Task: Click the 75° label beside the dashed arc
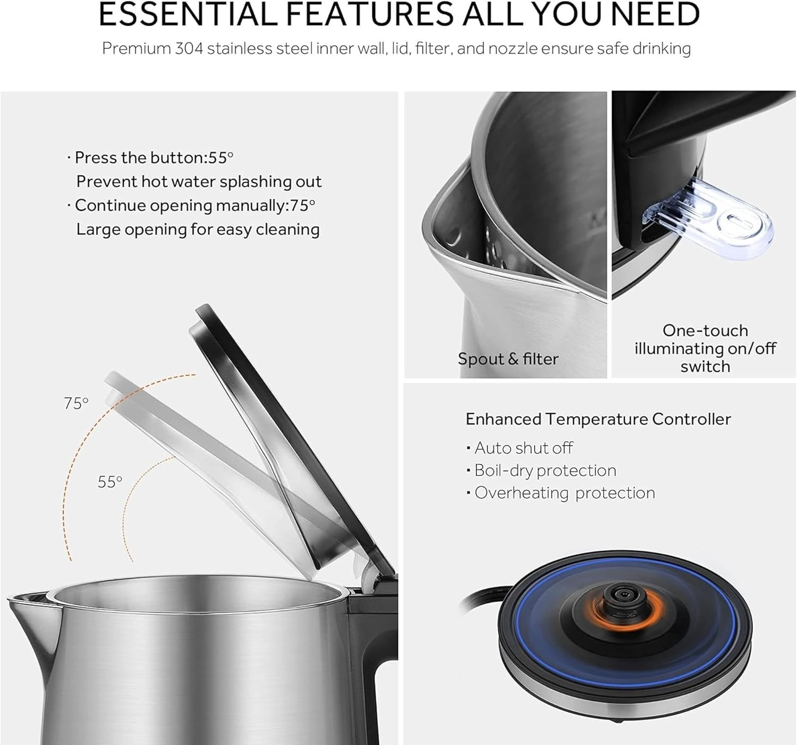(x=76, y=403)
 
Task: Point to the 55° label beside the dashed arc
(x=109, y=481)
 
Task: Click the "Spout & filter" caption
(x=508, y=359)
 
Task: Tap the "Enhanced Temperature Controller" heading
(x=598, y=419)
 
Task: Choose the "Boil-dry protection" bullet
(x=541, y=470)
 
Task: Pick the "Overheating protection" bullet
(x=561, y=493)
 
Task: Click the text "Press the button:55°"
(x=150, y=158)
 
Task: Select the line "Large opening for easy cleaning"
(x=198, y=230)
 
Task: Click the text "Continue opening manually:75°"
(x=191, y=206)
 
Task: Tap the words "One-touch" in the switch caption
(x=705, y=331)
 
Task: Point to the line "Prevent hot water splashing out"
(x=199, y=182)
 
